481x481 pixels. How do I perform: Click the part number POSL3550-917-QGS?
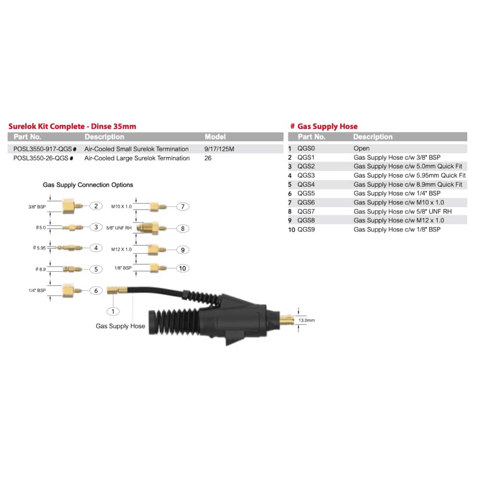43,149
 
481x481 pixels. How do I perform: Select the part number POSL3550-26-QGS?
40,158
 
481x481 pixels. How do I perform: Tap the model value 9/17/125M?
219,149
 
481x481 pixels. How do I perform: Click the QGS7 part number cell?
306,211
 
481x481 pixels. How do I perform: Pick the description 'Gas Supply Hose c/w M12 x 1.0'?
398,220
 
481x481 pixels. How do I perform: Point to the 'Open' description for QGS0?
361,148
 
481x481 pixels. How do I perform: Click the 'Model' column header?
215,137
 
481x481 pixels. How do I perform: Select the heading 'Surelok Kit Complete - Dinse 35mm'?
72,126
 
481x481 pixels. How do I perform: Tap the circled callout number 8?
182,228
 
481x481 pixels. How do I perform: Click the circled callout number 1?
113,311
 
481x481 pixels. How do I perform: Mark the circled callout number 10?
182,268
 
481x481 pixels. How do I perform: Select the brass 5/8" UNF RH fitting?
151,228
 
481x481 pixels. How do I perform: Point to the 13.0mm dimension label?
306,320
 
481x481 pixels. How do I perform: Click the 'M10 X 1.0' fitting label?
121,206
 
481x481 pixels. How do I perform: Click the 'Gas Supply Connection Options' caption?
88,185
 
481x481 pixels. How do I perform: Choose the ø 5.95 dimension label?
39,248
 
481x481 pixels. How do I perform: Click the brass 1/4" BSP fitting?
72,290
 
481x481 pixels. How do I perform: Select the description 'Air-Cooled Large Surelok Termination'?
137,158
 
